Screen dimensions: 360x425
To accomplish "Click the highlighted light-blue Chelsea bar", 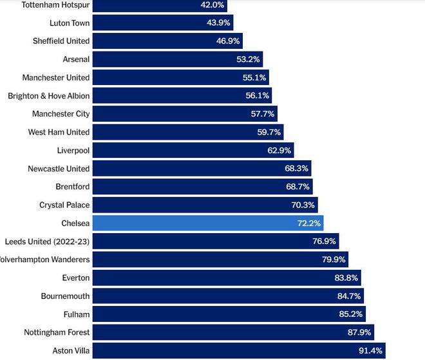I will tap(207, 223).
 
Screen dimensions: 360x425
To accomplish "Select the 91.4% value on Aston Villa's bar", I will tap(370, 350).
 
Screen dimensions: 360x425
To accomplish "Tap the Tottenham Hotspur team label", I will tap(56, 5).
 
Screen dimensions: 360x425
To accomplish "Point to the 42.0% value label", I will tap(212, 5).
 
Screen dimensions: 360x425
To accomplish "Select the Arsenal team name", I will tap(76, 59).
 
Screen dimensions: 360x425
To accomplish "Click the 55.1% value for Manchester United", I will tap(254, 77).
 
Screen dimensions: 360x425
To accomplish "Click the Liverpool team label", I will tap(73, 150).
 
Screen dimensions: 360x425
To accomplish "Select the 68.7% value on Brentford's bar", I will tap(297, 187).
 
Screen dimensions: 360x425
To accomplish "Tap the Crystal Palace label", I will tap(64, 205).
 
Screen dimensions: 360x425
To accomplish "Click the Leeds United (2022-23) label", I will tap(47, 241).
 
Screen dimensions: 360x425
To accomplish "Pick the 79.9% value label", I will tap(334, 260).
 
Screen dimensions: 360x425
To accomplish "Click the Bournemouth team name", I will tap(65, 296).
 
